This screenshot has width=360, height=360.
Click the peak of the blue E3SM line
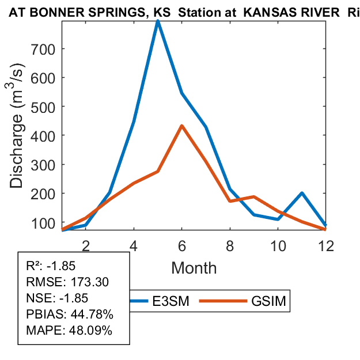(157, 22)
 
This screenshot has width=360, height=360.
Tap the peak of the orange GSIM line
(181, 126)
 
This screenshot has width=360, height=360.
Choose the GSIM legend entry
(267, 301)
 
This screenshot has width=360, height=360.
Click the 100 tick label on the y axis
(27, 222)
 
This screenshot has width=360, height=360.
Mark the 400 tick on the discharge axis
(27, 135)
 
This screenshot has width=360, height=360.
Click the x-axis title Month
(193, 268)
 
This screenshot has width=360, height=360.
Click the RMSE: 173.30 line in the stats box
(68, 282)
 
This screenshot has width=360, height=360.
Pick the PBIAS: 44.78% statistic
(69, 314)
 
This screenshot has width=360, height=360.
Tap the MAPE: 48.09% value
(69, 331)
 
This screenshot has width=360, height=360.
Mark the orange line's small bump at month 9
(253, 197)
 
